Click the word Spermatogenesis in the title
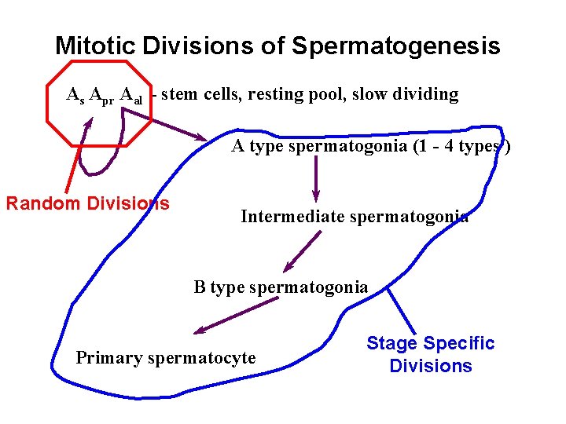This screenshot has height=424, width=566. coord(395,46)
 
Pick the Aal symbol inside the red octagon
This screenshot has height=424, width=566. coord(132,97)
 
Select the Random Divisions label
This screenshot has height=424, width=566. coord(87,203)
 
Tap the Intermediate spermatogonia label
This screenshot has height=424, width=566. coord(355,217)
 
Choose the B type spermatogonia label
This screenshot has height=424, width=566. coord(281,287)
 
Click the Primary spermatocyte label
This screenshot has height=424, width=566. coord(166,358)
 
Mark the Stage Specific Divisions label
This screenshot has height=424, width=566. coord(431,354)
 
